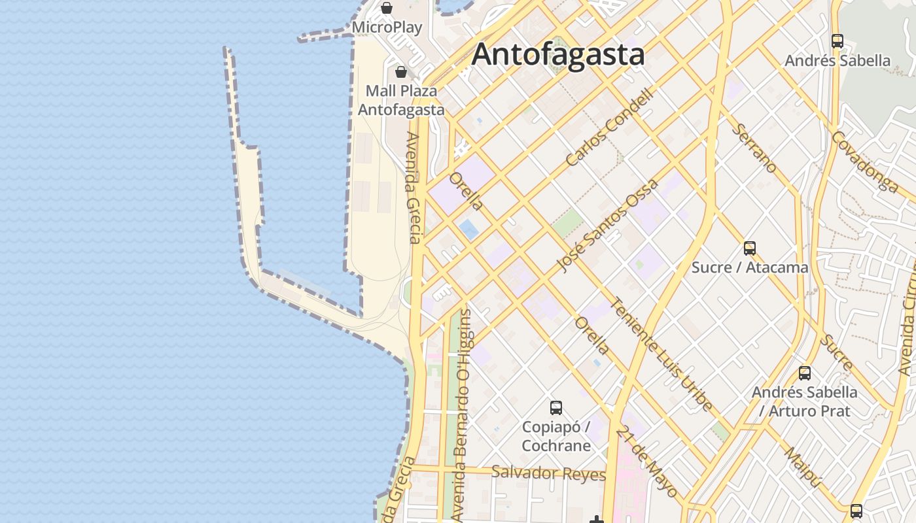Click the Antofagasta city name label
click(x=558, y=54)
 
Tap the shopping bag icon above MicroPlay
click(x=387, y=8)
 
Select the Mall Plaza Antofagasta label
click(x=401, y=100)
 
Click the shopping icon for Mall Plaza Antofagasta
click(x=401, y=71)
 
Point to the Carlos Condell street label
click(x=610, y=127)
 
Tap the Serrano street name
click(x=754, y=148)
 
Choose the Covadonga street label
click(x=865, y=161)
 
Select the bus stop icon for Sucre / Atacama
click(x=750, y=248)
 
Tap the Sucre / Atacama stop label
click(x=750, y=267)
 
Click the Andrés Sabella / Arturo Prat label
click(x=805, y=401)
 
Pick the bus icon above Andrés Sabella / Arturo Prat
click(x=805, y=373)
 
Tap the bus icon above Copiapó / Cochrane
click(x=556, y=408)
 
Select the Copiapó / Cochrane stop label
click(x=556, y=436)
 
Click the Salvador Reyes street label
click(x=548, y=473)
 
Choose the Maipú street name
click(x=803, y=467)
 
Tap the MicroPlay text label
click(x=387, y=27)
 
